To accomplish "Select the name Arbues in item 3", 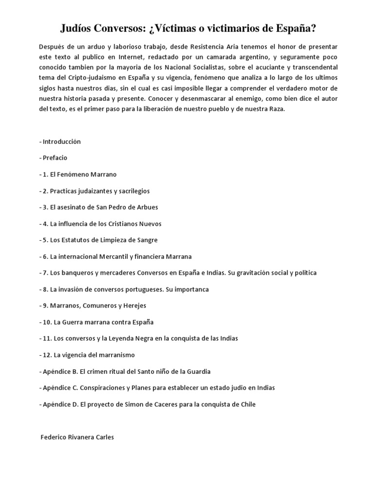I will coord(147,207).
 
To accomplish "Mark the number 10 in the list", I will coord(46,322).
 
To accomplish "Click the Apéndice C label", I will coord(60,388).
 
